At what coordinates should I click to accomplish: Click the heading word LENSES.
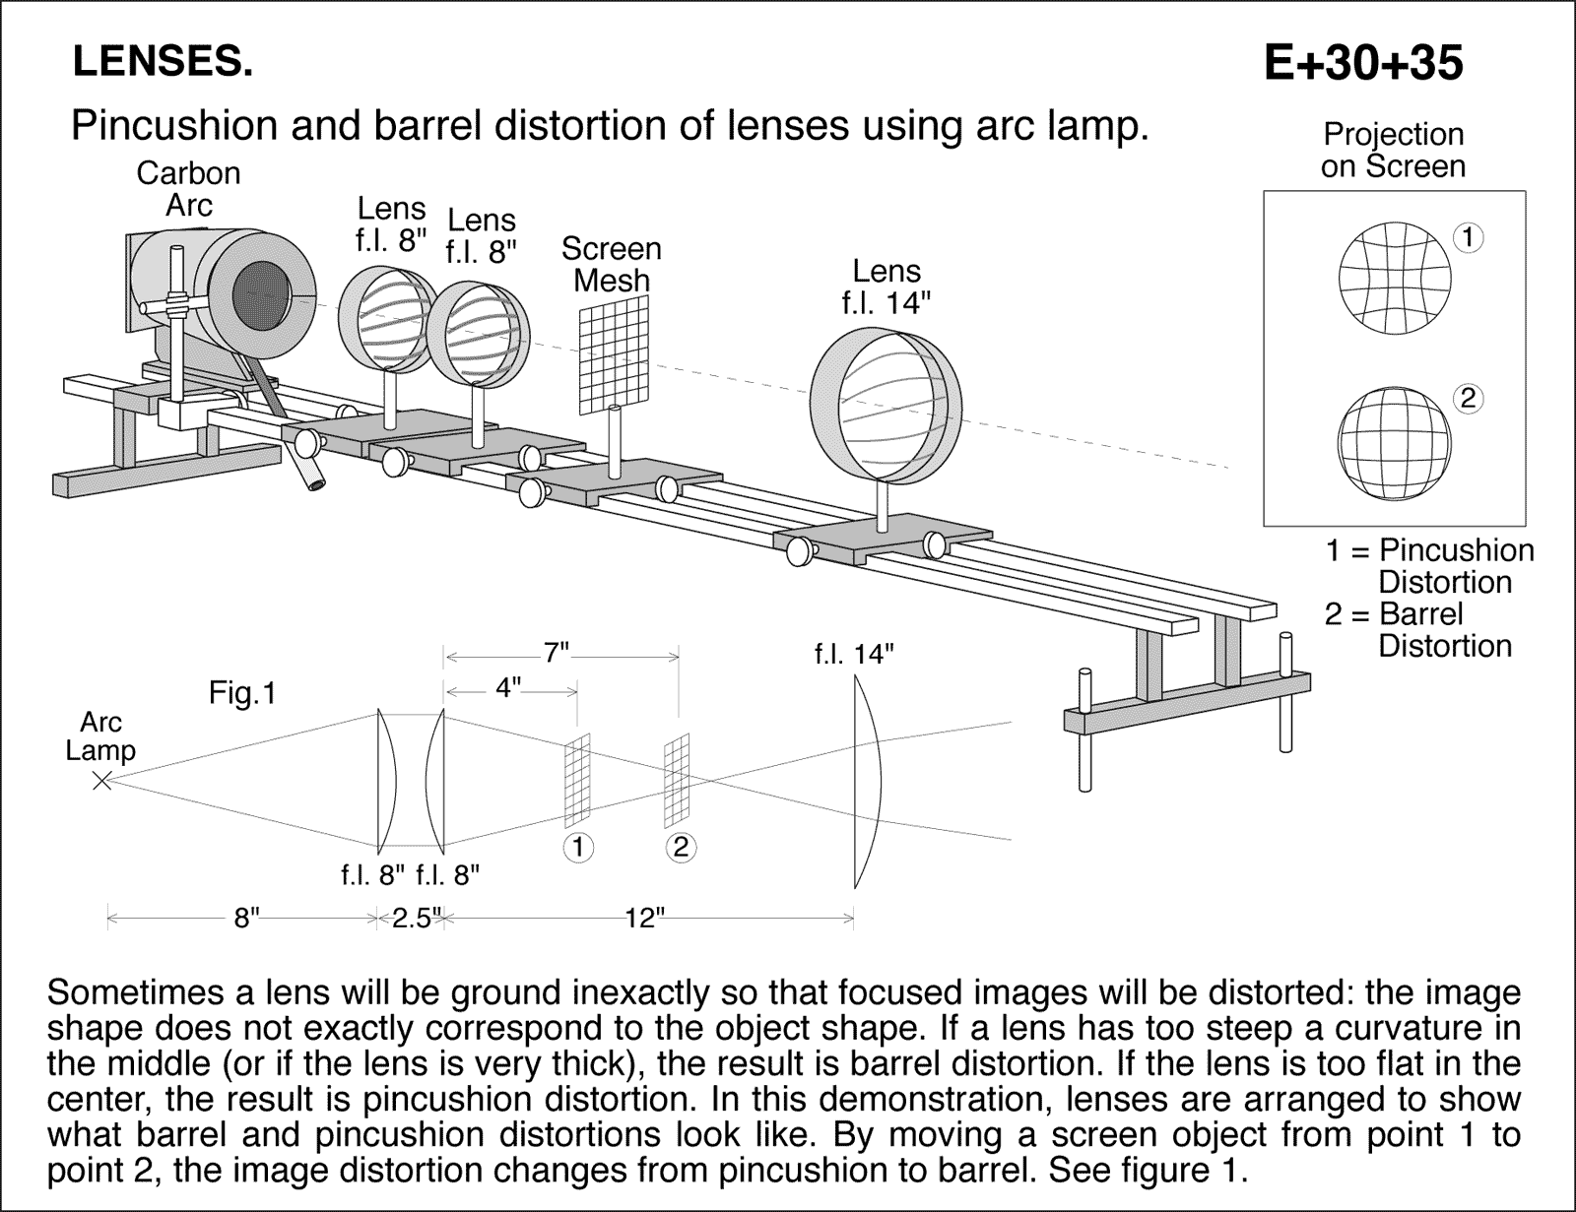pos(163,63)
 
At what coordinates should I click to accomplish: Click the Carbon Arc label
pos(188,188)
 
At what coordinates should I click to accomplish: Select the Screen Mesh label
pos(611,264)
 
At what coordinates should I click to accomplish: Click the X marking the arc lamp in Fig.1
pos(101,781)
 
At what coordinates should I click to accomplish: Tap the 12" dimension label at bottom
pos(644,919)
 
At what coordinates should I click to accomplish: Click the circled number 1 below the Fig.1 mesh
pos(578,847)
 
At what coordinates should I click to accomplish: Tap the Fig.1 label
pos(242,694)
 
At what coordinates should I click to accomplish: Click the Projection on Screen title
pos(1393,150)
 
